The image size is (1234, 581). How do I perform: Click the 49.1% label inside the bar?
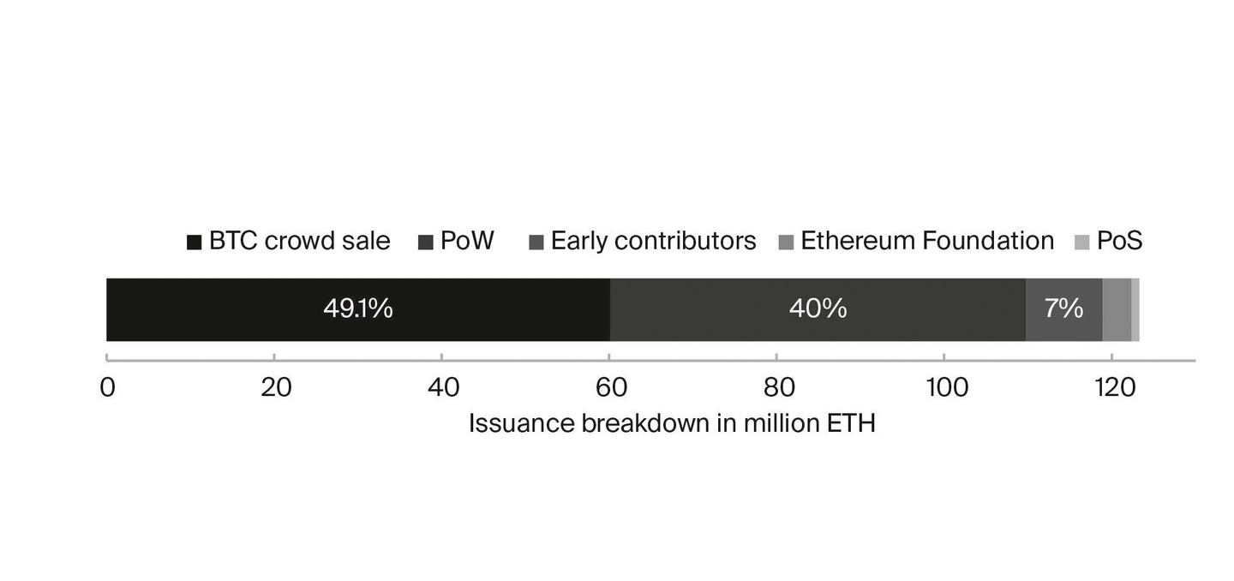point(357,308)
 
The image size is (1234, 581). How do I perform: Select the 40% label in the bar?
point(818,308)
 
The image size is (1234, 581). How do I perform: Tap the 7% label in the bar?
point(1063,308)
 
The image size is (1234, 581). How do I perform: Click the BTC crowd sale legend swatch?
point(195,243)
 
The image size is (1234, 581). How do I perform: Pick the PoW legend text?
point(467,241)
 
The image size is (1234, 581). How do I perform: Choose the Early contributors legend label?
point(653,241)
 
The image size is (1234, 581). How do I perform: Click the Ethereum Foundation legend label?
point(927,241)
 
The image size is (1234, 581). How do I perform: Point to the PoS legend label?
point(1119,241)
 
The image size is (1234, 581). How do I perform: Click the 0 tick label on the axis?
point(107,388)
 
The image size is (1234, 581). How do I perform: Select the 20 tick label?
point(275,388)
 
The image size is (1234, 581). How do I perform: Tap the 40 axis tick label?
point(442,388)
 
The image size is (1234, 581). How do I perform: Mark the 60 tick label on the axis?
point(610,388)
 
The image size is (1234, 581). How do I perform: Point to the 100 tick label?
point(947,388)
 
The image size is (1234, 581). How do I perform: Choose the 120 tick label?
point(1115,388)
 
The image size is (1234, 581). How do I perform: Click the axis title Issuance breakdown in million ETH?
point(672,423)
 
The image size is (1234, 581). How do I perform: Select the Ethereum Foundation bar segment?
point(1117,309)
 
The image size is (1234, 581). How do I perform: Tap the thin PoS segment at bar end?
point(1135,309)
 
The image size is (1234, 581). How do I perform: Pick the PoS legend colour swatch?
point(1082,243)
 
